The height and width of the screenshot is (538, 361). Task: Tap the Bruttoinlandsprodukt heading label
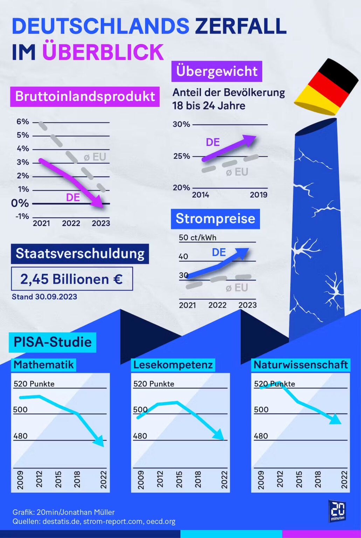pyautogui.click(x=85, y=96)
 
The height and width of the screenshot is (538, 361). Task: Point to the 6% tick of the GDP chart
pyautogui.click(x=23, y=122)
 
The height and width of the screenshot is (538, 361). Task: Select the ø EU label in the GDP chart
pyautogui.click(x=95, y=157)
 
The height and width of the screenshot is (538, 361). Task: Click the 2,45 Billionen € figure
pyautogui.click(x=71, y=279)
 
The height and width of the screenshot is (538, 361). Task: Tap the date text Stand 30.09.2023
pyautogui.click(x=44, y=297)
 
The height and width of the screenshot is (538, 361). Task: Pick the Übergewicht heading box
pyautogui.click(x=217, y=71)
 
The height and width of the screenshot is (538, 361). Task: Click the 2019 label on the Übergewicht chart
pyautogui.click(x=258, y=195)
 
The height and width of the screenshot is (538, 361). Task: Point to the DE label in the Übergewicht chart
pyautogui.click(x=213, y=142)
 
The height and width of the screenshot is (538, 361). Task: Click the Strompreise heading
pyautogui.click(x=215, y=219)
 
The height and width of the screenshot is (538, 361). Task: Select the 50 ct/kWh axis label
pyautogui.click(x=197, y=237)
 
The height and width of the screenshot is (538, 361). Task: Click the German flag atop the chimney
pyautogui.click(x=326, y=88)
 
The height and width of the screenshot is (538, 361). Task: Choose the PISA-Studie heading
pyautogui.click(x=53, y=342)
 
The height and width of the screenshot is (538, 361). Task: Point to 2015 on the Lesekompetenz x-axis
pyautogui.click(x=179, y=479)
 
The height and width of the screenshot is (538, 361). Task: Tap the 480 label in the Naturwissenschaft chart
pyautogui.click(x=261, y=436)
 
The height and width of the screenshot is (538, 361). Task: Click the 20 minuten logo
pyautogui.click(x=337, y=511)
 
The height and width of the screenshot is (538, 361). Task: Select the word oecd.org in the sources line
pyautogui.click(x=161, y=521)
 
